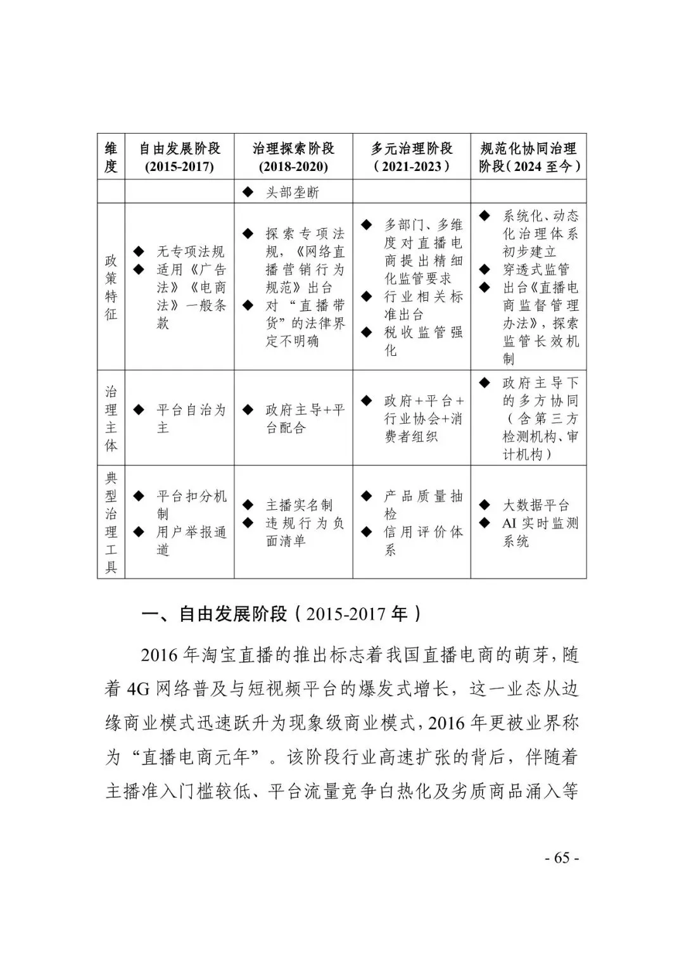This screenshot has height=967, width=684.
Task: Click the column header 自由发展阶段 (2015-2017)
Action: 180,157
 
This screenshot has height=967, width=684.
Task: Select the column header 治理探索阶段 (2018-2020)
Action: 293,157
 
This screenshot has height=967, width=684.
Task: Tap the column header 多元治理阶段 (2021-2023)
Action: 412,157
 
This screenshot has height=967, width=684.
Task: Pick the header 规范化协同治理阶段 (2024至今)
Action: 529,157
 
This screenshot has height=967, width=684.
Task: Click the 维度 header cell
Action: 111,157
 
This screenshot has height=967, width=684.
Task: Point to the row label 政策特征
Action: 111,287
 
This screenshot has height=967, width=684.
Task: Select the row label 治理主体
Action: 111,418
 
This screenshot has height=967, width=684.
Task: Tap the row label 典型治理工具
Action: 111,522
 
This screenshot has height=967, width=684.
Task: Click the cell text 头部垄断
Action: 292,192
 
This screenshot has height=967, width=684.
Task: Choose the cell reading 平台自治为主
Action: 191,419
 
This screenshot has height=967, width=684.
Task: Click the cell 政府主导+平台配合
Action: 305,419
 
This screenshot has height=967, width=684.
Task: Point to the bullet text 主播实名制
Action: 299,505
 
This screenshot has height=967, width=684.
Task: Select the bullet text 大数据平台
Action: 536,505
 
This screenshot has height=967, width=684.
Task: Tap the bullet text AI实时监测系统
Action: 540,532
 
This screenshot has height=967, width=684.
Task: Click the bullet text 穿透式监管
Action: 536,269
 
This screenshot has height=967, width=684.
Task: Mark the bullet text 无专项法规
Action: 191,251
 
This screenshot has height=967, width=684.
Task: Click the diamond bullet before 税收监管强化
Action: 367,331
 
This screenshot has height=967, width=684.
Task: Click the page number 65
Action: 562,858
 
